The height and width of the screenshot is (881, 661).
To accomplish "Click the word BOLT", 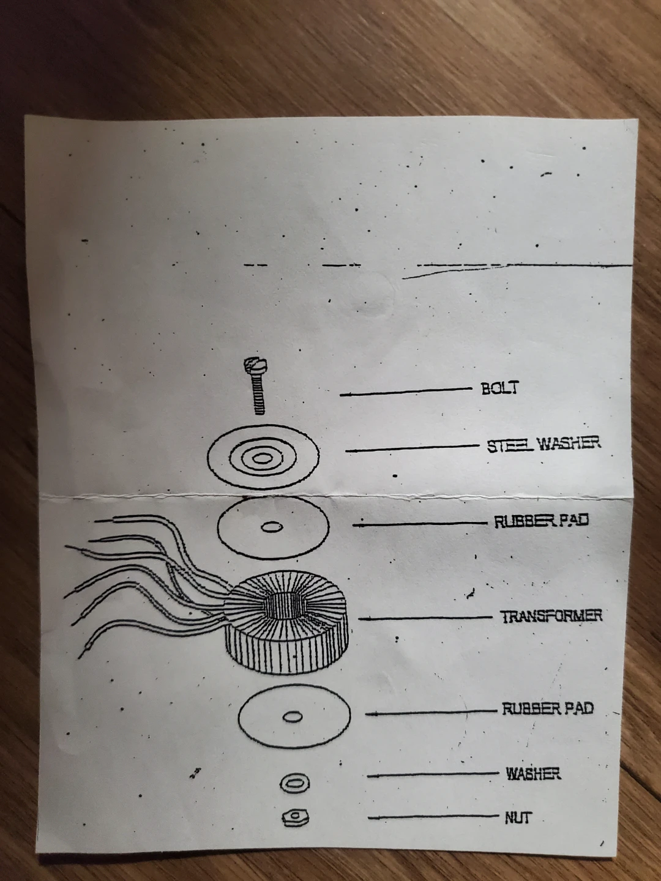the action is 499,388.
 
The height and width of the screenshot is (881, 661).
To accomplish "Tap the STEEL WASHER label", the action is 544,444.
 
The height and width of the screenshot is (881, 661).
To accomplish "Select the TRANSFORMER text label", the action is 551,616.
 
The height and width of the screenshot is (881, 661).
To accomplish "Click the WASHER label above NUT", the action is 533,773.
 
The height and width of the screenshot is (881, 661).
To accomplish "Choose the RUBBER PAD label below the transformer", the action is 547,708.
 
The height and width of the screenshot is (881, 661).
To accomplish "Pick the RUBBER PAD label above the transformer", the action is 542,521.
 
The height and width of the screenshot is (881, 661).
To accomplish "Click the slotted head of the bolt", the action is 256,365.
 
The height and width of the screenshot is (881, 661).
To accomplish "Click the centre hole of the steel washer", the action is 262,458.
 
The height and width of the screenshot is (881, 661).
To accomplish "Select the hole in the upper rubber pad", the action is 272,527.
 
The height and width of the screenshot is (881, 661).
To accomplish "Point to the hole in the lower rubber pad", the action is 293,716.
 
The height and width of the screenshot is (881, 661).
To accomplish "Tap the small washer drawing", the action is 295,783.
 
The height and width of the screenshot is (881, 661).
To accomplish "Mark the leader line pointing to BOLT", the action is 406,392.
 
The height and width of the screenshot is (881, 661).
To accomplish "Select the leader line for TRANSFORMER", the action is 425,618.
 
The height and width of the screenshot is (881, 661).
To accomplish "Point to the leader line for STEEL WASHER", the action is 412,448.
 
